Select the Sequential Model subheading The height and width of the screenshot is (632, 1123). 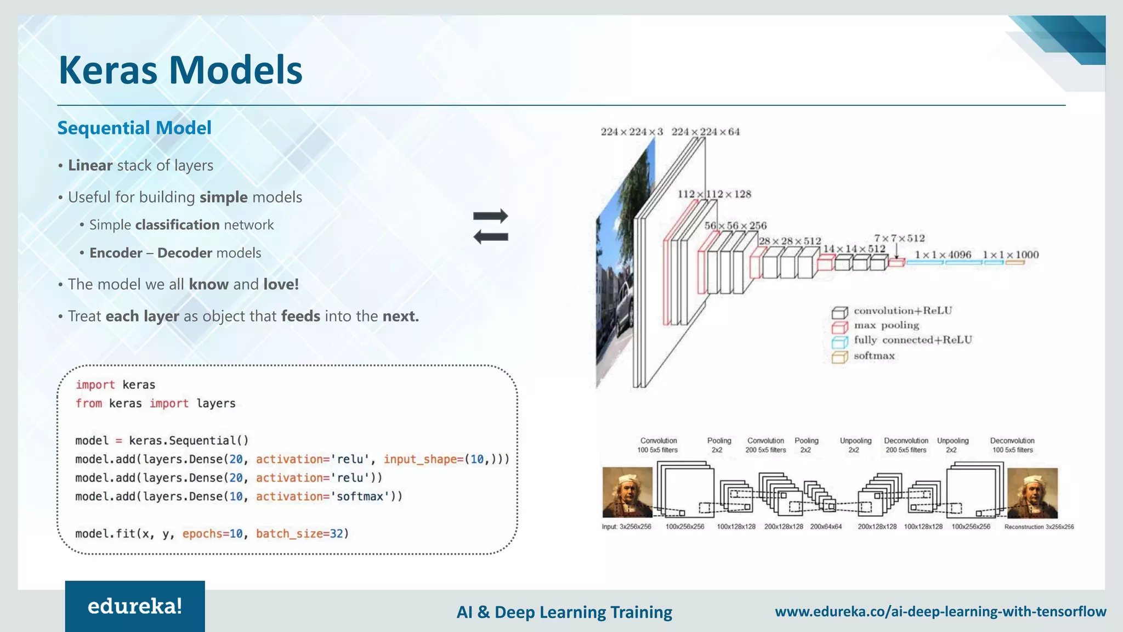[x=134, y=128]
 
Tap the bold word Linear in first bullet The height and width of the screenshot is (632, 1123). [x=90, y=165]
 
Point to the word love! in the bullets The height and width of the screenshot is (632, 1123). [x=281, y=284]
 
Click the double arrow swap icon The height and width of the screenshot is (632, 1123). [x=491, y=226]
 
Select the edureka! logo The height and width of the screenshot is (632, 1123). [x=135, y=606]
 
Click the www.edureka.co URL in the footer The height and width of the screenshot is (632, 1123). [x=940, y=611]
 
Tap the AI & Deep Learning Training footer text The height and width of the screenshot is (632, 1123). [x=564, y=612]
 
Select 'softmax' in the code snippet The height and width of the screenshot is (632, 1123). [x=359, y=496]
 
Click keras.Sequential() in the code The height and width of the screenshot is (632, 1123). [x=189, y=441]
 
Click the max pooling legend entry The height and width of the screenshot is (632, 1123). [x=886, y=325]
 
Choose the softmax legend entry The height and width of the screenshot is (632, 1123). [x=874, y=356]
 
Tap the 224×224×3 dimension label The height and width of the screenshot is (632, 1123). [x=631, y=132]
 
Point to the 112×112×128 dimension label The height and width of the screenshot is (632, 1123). [x=714, y=194]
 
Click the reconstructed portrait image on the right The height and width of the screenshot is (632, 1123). [x=1032, y=493]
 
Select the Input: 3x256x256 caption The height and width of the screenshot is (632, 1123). [x=626, y=527]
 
